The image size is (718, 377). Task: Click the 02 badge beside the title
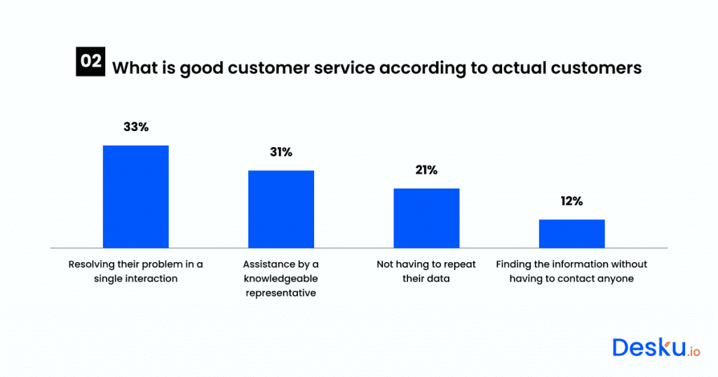90,61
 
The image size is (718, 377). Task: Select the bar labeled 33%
135,196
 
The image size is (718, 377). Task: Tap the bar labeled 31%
281,209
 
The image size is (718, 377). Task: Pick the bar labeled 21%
426,218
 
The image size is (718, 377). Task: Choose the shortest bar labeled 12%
571,233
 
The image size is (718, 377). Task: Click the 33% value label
135,127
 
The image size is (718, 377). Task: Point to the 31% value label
281,152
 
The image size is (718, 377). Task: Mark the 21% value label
426,170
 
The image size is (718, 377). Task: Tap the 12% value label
571,201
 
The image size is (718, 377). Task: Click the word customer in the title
254,68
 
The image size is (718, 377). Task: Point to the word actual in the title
517,68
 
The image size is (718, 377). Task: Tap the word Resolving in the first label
91,264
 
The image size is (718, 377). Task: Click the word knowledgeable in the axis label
281,279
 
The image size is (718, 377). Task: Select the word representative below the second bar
281,293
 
